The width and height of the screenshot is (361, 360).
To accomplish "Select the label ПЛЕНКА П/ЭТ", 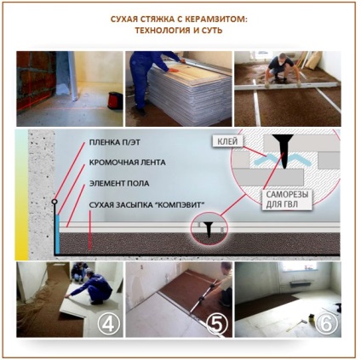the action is click(x=115, y=142).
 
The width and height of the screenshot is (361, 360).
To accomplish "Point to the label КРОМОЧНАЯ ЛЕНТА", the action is click(x=128, y=163).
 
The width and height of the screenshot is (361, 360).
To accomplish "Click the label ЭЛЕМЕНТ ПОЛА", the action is click(x=119, y=183).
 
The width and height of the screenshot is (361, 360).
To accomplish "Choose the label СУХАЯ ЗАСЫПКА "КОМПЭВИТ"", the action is click(x=146, y=205).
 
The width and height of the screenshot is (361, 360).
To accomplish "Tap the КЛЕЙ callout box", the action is click(x=228, y=141).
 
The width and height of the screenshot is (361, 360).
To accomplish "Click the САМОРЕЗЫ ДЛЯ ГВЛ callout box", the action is click(x=287, y=200).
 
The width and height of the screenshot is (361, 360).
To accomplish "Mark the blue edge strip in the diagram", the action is click(x=58, y=234).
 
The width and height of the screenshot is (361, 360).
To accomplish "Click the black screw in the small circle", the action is click(x=209, y=229).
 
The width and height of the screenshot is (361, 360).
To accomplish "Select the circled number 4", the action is click(x=108, y=323).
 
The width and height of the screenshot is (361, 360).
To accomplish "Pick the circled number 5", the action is click(x=217, y=323).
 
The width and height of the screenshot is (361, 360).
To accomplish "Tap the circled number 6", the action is click(x=327, y=323).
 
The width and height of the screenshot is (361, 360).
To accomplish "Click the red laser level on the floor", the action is click(x=114, y=100).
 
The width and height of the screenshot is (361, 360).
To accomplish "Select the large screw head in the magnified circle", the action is click(x=282, y=138).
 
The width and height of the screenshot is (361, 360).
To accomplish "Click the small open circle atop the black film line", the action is click(x=54, y=202).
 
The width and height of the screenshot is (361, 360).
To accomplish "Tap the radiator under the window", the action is click(x=301, y=284).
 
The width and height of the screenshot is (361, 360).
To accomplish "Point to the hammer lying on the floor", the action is click(x=296, y=325).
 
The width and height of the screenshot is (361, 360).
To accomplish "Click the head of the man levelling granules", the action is click(x=281, y=58).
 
